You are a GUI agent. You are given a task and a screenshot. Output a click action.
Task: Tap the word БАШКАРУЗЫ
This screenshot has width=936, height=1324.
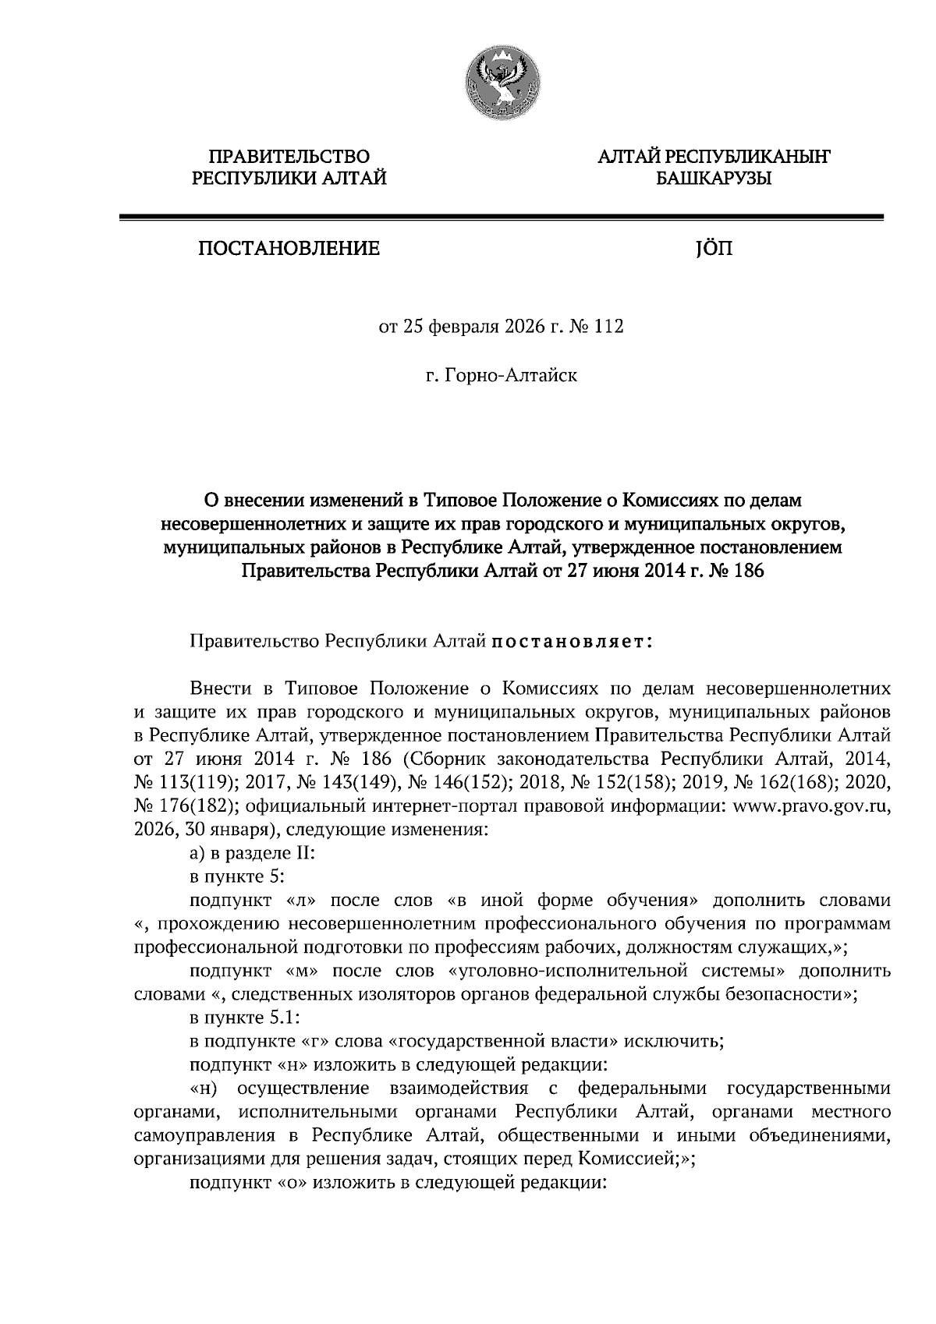pos(713,179)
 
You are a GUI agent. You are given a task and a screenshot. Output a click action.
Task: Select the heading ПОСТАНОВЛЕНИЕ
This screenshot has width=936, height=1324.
pos(289,249)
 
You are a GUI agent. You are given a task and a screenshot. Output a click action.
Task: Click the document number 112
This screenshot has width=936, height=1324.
pos(609,327)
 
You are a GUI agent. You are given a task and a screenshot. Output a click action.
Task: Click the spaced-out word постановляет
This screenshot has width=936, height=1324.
pos(570,643)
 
